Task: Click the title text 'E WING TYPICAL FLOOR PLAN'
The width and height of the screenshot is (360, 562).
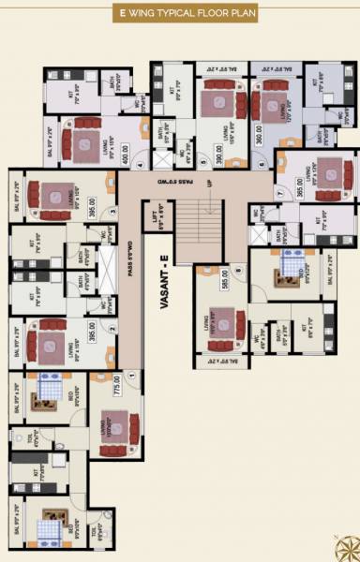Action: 179,15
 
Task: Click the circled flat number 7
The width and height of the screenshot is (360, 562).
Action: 278,194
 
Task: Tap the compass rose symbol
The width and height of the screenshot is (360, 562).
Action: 347,548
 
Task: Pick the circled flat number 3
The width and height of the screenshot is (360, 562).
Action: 111,212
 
